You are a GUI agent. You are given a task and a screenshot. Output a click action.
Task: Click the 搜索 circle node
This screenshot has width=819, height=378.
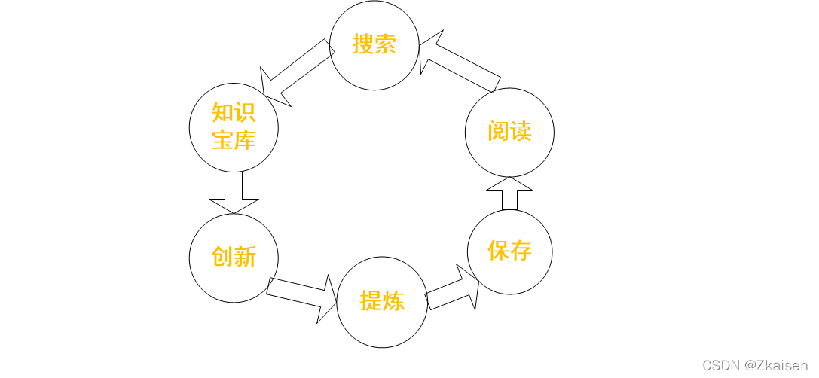374,45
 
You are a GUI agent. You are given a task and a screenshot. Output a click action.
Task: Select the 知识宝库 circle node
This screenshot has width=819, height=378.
234,127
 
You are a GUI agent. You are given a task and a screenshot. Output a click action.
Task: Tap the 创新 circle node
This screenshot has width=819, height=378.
234,258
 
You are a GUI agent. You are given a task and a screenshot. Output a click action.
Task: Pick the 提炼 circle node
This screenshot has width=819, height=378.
382,302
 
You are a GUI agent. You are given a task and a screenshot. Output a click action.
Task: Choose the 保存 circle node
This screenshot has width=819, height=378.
509,251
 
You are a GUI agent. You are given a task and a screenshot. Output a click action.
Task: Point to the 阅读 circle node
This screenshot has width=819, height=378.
509,132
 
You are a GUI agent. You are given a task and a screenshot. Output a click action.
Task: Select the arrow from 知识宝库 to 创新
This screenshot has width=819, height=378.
234,193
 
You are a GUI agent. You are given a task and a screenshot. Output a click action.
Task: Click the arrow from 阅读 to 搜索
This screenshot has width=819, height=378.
459,65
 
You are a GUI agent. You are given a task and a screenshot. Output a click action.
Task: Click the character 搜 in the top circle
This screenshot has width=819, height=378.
363,44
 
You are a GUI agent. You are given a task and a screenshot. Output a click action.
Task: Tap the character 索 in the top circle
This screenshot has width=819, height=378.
386,44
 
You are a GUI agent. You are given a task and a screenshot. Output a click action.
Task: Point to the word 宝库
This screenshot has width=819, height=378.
234,140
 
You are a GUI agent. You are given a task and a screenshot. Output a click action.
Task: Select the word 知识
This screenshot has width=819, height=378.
234,114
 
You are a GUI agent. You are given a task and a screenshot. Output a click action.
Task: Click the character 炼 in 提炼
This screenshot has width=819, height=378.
393,302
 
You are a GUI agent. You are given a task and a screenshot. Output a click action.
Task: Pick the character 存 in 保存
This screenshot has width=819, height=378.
521,251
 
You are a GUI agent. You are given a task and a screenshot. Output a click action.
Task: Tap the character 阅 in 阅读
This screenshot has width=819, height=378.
498,132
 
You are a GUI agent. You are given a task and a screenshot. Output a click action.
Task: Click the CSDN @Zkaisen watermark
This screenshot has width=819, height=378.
755,365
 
